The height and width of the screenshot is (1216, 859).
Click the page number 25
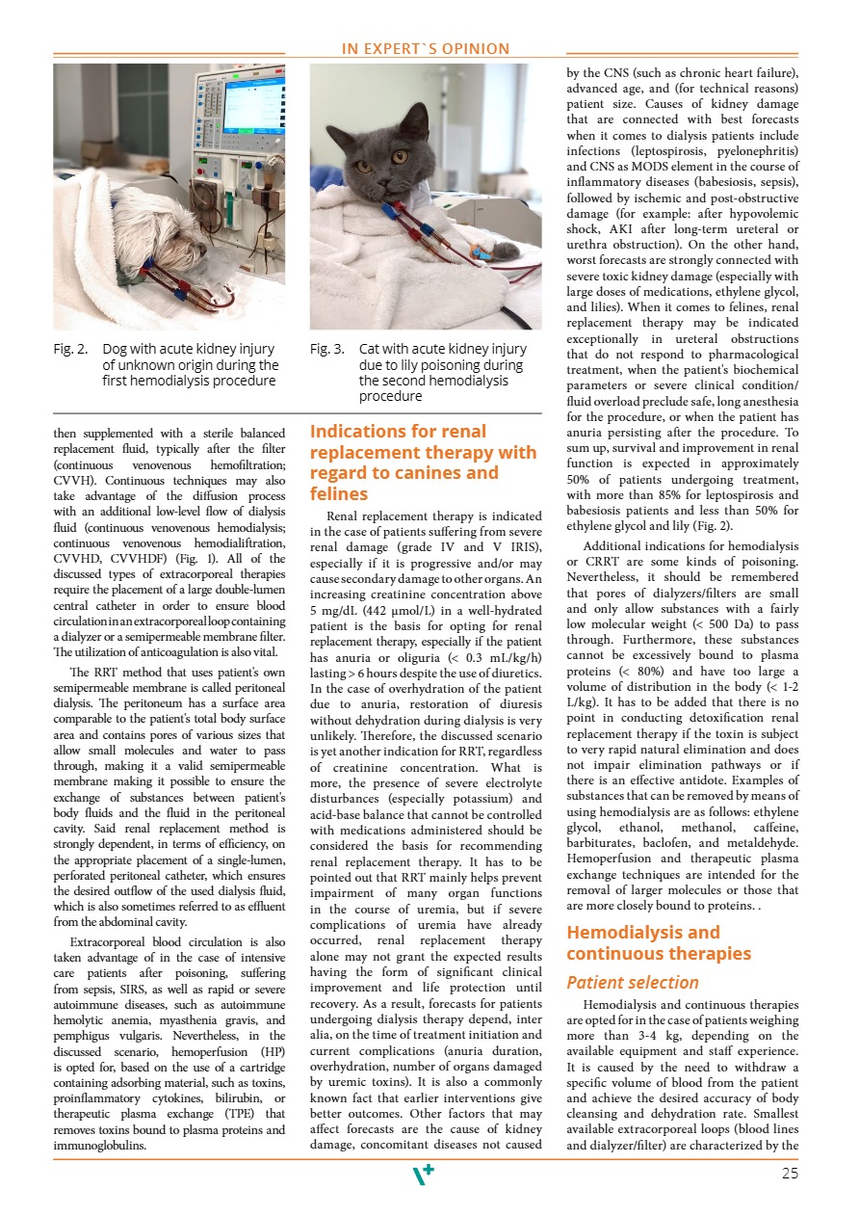[x=790, y=1173]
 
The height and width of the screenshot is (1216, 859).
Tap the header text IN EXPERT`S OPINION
[x=427, y=49]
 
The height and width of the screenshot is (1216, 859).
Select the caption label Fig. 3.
[x=327, y=349]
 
